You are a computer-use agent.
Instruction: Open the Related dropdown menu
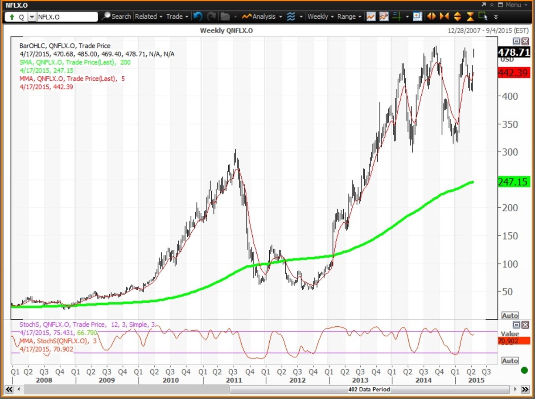[148, 16]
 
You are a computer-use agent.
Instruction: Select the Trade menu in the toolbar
[177, 16]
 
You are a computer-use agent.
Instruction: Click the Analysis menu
[263, 16]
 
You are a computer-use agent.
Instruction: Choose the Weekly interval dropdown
[320, 16]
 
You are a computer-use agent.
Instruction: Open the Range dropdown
[349, 16]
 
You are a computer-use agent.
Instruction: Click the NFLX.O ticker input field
[67, 17]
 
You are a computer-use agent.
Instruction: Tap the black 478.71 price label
[514, 52]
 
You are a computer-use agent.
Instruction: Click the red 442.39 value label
[514, 73]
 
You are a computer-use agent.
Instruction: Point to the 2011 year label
[234, 380]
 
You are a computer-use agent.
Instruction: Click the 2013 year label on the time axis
[360, 380]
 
